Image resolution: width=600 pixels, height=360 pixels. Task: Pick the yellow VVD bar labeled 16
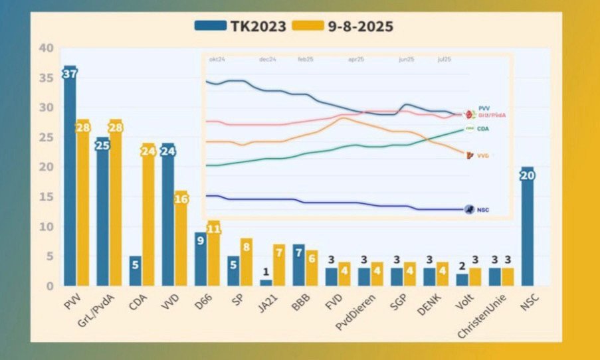pyautogui.click(x=181, y=239)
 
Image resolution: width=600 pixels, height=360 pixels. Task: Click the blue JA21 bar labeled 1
pyautogui.click(x=266, y=282)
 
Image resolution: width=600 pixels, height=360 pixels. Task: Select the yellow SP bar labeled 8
pyautogui.click(x=246, y=262)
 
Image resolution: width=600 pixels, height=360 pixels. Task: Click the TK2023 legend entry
pyautogui.click(x=240, y=26)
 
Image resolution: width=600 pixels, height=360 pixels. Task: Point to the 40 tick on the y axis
pyautogui.click(x=46, y=48)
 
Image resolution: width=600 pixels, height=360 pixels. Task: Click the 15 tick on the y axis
pyautogui.click(x=46, y=197)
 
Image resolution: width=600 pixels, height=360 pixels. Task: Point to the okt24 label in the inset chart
pyautogui.click(x=217, y=60)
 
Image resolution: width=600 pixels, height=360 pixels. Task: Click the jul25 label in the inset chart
pyautogui.click(x=444, y=60)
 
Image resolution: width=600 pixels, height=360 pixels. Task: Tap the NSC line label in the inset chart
pyautogui.click(x=483, y=210)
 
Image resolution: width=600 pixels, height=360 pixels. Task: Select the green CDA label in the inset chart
pyautogui.click(x=483, y=128)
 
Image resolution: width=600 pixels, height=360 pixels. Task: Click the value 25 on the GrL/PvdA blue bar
pyautogui.click(x=102, y=145)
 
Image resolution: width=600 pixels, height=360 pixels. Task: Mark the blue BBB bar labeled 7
pyautogui.click(x=298, y=265)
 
